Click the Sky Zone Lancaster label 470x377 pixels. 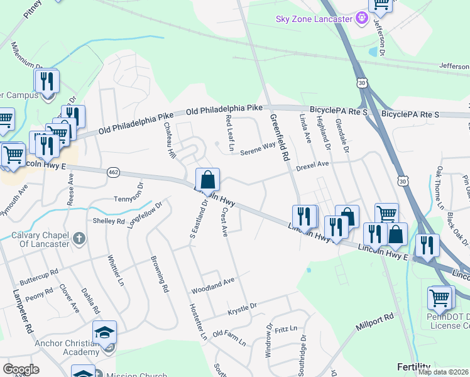314,19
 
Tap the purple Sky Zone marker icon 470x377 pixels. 361,19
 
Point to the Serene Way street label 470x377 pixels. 258,148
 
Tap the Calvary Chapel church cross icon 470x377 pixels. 78,239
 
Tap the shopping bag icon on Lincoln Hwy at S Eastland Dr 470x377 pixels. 208,180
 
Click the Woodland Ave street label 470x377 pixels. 212,286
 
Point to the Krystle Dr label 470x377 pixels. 243,308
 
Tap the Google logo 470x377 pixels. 21,369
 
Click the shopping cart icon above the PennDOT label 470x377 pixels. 440,297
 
